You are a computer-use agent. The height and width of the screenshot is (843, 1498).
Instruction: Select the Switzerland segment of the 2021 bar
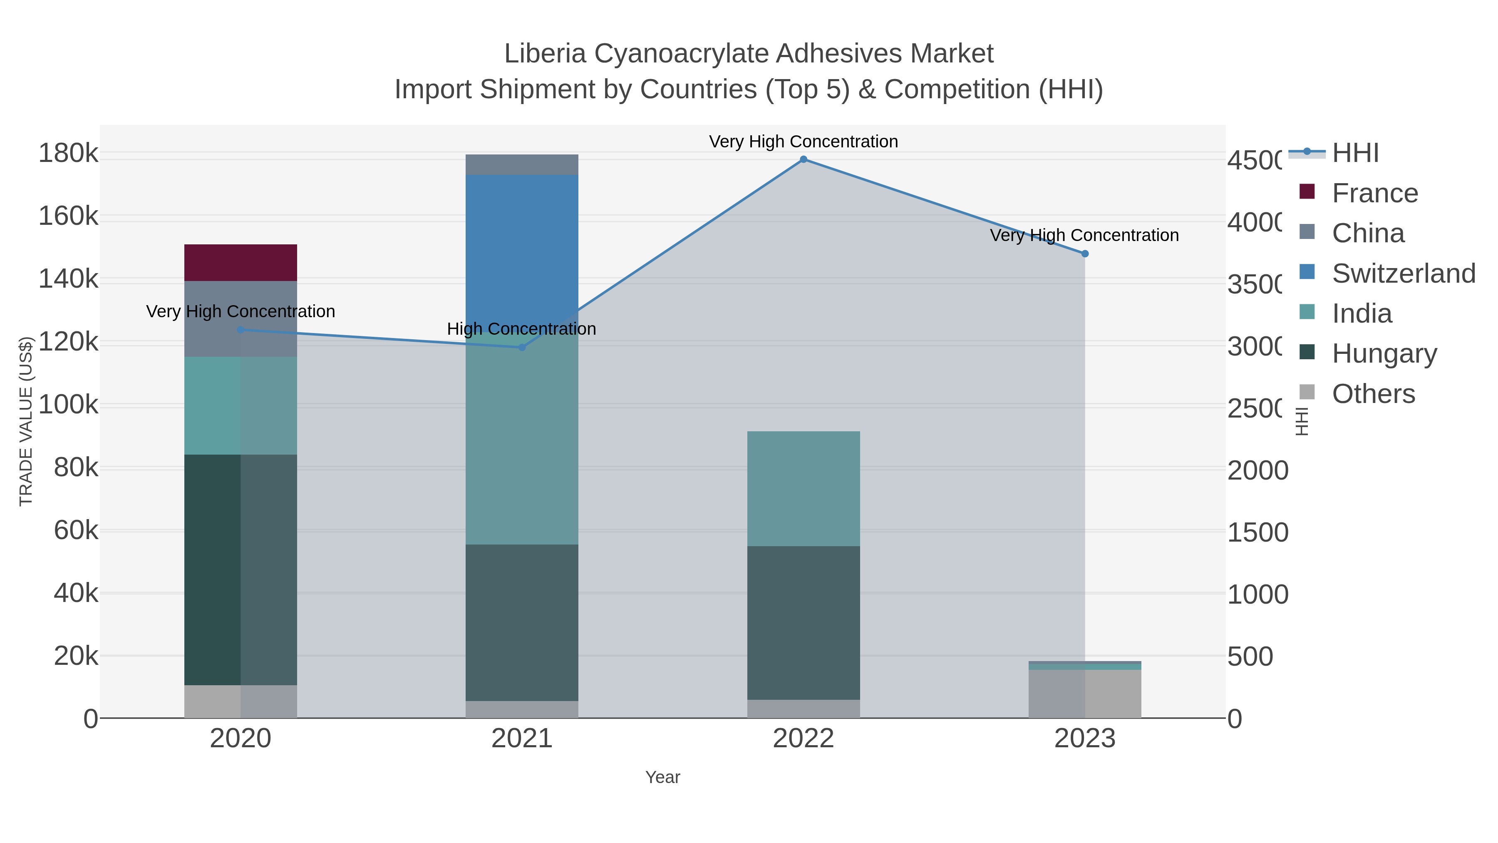(x=522, y=250)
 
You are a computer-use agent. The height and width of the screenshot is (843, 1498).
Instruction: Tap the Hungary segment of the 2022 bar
(x=803, y=622)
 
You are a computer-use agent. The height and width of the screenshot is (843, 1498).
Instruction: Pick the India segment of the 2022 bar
(x=803, y=488)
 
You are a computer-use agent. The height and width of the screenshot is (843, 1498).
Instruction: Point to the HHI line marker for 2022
(x=803, y=159)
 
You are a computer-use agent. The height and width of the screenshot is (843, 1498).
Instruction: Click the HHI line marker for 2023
(x=1084, y=254)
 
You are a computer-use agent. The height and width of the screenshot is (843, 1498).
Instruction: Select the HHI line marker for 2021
(x=522, y=347)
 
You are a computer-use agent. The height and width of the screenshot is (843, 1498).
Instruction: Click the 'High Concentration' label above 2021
(x=522, y=329)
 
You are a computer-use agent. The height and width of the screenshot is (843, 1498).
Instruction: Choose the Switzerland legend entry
(x=1403, y=274)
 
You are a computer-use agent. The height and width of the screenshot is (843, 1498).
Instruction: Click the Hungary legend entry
(x=1384, y=354)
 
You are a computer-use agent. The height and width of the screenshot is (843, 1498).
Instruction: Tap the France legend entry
(x=1375, y=193)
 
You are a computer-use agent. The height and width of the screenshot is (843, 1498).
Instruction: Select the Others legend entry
(x=1373, y=394)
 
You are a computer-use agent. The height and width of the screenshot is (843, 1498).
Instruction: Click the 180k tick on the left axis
(x=68, y=154)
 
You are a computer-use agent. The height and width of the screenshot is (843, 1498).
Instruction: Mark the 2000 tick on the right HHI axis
(x=1257, y=470)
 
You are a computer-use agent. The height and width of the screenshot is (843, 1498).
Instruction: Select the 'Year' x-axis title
(x=662, y=777)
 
